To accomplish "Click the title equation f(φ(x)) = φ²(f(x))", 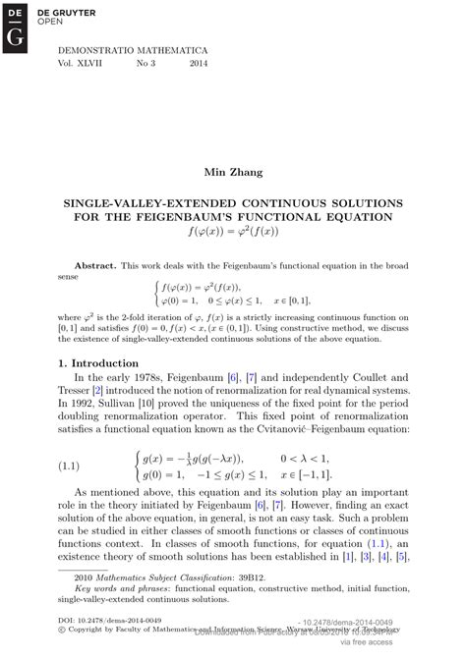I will pos(232,233).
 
